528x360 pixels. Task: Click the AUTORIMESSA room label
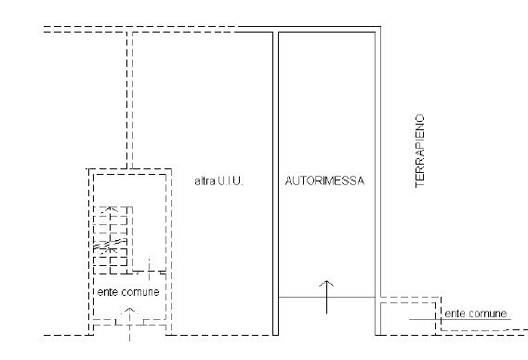point(324,181)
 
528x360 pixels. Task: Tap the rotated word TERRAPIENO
point(419,151)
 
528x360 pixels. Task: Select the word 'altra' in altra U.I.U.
point(205,181)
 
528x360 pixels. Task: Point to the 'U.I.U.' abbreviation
point(231,181)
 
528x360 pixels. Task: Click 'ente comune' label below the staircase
point(128,292)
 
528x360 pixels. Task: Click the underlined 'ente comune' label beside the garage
point(476,313)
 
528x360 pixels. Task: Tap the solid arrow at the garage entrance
point(326,297)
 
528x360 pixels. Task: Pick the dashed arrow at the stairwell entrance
point(129,325)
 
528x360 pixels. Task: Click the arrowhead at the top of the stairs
point(110,208)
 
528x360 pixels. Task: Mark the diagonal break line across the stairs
point(110,245)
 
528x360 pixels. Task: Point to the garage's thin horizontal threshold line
point(326,298)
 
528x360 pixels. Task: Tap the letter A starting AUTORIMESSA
point(289,181)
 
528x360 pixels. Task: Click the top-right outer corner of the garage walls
point(381,26)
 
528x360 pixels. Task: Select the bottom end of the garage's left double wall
point(275,335)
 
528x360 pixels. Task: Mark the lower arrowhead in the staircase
point(110,250)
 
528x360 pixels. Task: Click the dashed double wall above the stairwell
point(129,100)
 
